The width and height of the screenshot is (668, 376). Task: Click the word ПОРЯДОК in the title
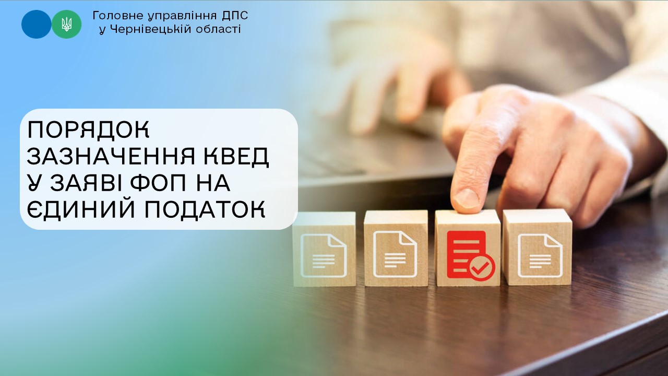[88, 130]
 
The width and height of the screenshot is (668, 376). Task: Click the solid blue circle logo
[36, 24]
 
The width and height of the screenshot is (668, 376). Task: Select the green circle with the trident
[66, 24]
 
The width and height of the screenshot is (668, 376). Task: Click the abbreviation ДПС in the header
[235, 16]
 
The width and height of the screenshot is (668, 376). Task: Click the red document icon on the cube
[466, 254]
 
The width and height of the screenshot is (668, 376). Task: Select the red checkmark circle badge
[482, 267]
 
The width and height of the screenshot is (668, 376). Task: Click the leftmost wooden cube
[324, 249]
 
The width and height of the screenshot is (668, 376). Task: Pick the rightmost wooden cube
[538, 247]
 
